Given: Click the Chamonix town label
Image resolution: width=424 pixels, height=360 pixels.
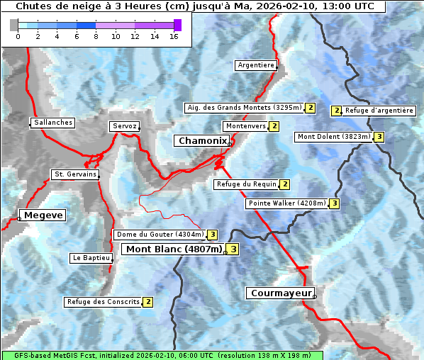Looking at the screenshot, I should (202, 141).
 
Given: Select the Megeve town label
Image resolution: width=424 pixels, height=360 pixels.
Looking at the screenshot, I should (43, 215).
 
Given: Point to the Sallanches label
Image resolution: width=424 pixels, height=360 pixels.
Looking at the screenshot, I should (53, 123).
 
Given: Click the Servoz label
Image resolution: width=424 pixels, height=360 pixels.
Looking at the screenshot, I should (124, 126).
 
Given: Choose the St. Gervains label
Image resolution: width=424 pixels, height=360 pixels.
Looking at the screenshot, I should (74, 174).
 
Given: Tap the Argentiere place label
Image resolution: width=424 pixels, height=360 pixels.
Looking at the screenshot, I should (256, 65).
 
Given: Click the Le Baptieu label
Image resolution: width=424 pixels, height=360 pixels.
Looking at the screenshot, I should (91, 258).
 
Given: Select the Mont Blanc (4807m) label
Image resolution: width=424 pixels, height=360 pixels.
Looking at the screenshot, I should (174, 249).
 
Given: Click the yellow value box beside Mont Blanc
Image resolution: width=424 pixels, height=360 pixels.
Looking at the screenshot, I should (233, 249).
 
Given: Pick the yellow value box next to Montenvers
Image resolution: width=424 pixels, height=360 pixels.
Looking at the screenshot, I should (274, 126).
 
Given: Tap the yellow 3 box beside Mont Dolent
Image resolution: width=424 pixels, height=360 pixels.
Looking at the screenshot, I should (379, 137).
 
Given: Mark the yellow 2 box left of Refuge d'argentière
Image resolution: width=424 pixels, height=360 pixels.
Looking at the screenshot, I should (337, 111).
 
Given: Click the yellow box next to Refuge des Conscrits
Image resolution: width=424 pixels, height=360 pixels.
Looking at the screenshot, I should (147, 302).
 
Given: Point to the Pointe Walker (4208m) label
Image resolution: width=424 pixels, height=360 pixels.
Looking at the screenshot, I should (287, 203).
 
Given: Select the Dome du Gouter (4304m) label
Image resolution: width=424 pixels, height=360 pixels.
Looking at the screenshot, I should (160, 235).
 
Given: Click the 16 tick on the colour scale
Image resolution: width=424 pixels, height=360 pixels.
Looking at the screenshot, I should (174, 36).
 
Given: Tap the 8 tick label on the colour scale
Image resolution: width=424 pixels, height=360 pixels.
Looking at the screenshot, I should (96, 36).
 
